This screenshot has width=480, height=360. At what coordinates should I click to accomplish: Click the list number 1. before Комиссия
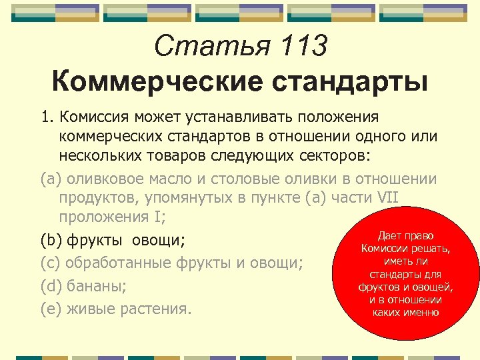(x=47, y=117)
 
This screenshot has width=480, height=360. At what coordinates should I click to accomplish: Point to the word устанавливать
(x=253, y=117)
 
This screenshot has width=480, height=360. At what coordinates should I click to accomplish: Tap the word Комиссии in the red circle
(x=382, y=249)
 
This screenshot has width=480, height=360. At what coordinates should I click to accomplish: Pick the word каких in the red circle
(x=387, y=312)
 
